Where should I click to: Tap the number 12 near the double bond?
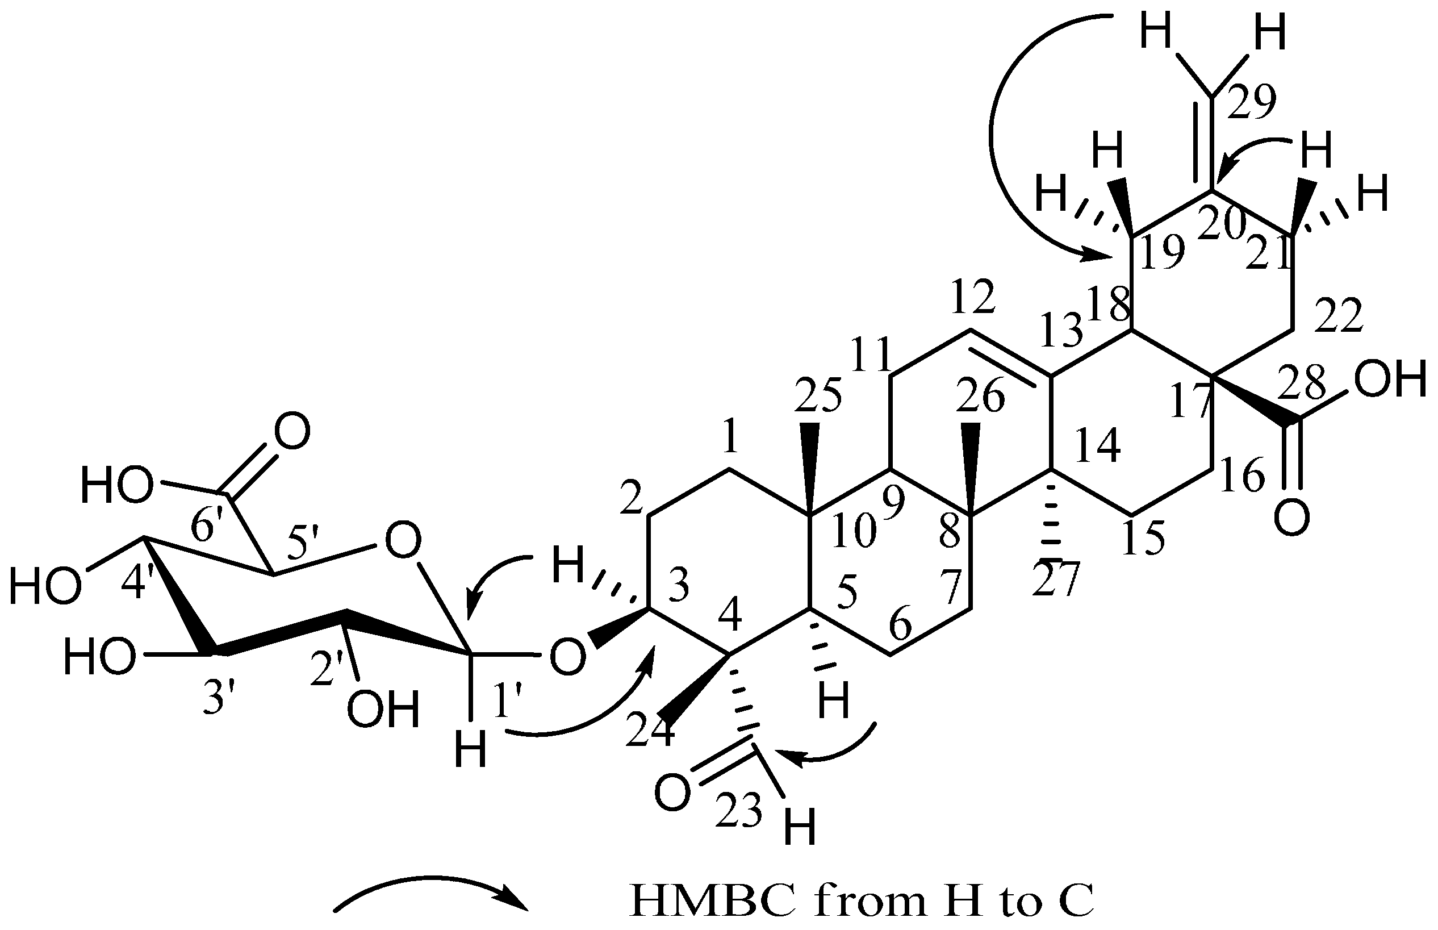[973, 297]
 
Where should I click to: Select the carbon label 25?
[818, 396]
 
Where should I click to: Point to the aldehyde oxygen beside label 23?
[672, 794]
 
